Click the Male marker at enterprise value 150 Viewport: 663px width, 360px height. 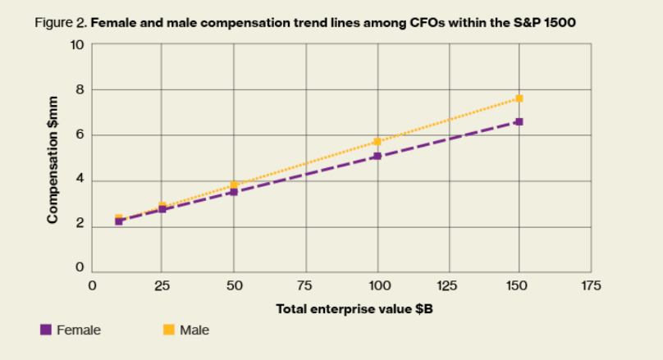pos(519,98)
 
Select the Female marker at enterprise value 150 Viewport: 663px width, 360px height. pos(519,121)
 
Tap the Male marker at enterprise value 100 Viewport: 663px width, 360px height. pos(377,142)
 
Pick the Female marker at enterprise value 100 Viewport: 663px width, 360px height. pos(377,156)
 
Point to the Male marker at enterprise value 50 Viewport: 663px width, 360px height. pos(234,185)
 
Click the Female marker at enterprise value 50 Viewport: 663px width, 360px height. pos(234,192)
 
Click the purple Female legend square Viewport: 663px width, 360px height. pos(46,330)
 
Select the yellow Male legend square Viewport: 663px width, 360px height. pos(169,330)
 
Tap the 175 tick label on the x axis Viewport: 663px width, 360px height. pos(591,286)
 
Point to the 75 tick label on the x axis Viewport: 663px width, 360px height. pos(305,286)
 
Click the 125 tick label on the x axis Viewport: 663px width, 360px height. pos(447,286)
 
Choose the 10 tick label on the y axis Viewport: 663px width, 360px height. pos(77,44)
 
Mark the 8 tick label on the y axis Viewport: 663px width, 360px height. pos(80,89)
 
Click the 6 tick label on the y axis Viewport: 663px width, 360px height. pos(80,134)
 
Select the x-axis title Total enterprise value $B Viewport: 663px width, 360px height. pos(354,309)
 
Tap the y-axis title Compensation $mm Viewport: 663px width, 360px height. pos(53,160)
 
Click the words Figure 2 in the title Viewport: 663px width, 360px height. pos(61,23)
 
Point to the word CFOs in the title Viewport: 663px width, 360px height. pos(427,22)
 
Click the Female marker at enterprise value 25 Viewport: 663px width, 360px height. pos(162,209)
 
